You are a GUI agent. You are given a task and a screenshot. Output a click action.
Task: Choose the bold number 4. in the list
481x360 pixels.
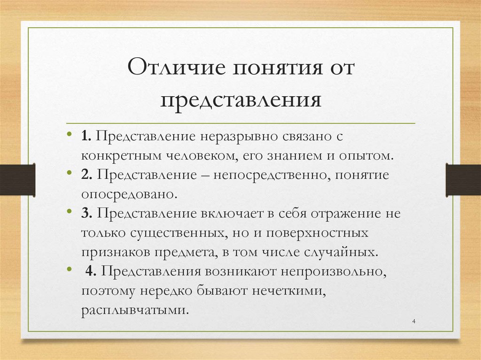click(x=91, y=271)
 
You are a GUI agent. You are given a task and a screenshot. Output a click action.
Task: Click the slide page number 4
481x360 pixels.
click(x=413, y=321)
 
